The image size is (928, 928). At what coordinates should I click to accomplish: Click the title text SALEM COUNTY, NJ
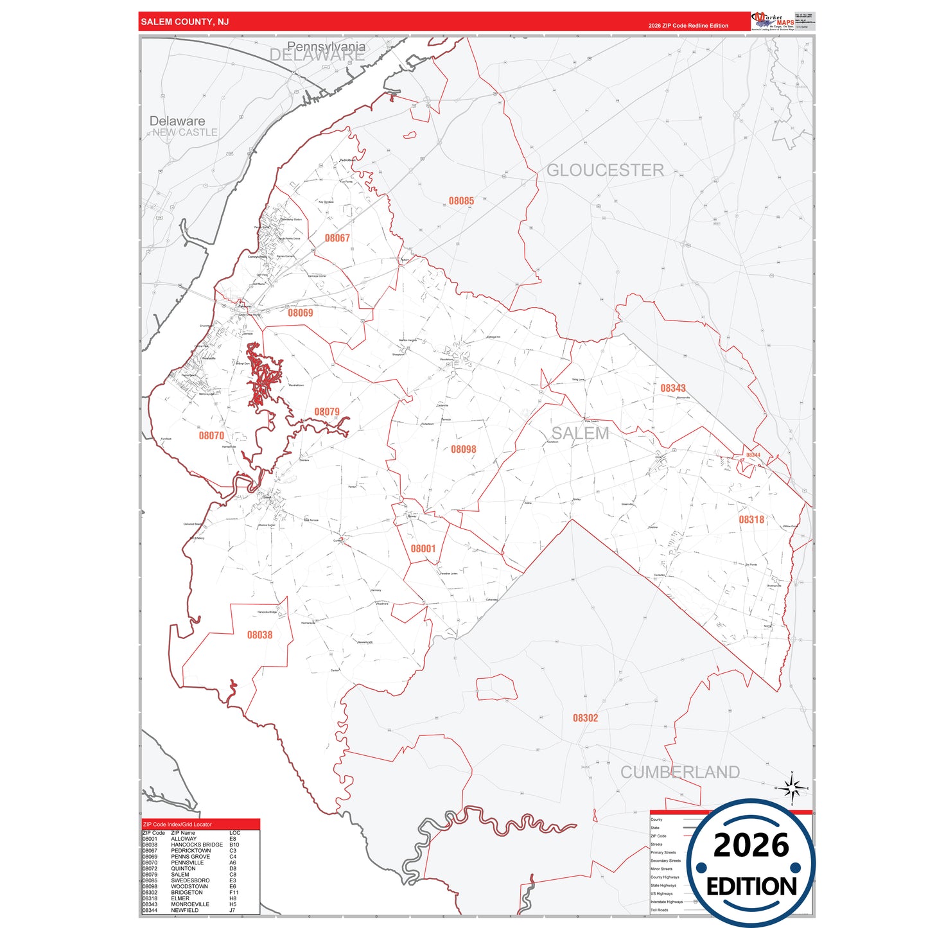184,22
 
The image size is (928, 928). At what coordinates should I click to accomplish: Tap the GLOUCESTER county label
605,170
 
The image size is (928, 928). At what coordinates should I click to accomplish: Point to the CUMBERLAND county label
679,772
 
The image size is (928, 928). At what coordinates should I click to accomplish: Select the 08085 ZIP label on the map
461,201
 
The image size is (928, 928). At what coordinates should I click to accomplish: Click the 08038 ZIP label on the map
259,635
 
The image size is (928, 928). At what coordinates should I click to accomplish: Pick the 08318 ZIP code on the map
751,520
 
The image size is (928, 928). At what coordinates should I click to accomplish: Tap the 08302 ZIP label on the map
585,718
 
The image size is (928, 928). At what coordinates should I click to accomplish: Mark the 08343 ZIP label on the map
672,388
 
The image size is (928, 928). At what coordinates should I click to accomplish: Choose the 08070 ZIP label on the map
211,435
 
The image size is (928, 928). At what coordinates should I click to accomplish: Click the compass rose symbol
792,787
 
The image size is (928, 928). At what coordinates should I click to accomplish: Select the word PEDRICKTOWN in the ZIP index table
190,850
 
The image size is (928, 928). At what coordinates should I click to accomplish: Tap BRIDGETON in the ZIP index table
186,892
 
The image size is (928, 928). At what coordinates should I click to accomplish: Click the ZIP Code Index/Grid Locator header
177,824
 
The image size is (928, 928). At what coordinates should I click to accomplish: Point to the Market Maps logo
773,21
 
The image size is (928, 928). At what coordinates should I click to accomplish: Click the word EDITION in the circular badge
751,887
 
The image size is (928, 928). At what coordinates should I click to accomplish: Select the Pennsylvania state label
326,46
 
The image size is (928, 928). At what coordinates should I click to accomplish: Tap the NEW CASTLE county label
185,132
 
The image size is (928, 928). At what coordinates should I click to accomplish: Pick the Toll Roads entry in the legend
659,910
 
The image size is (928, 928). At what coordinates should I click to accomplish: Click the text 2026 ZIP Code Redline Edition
688,26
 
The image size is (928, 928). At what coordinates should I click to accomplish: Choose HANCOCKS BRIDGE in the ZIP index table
197,845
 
